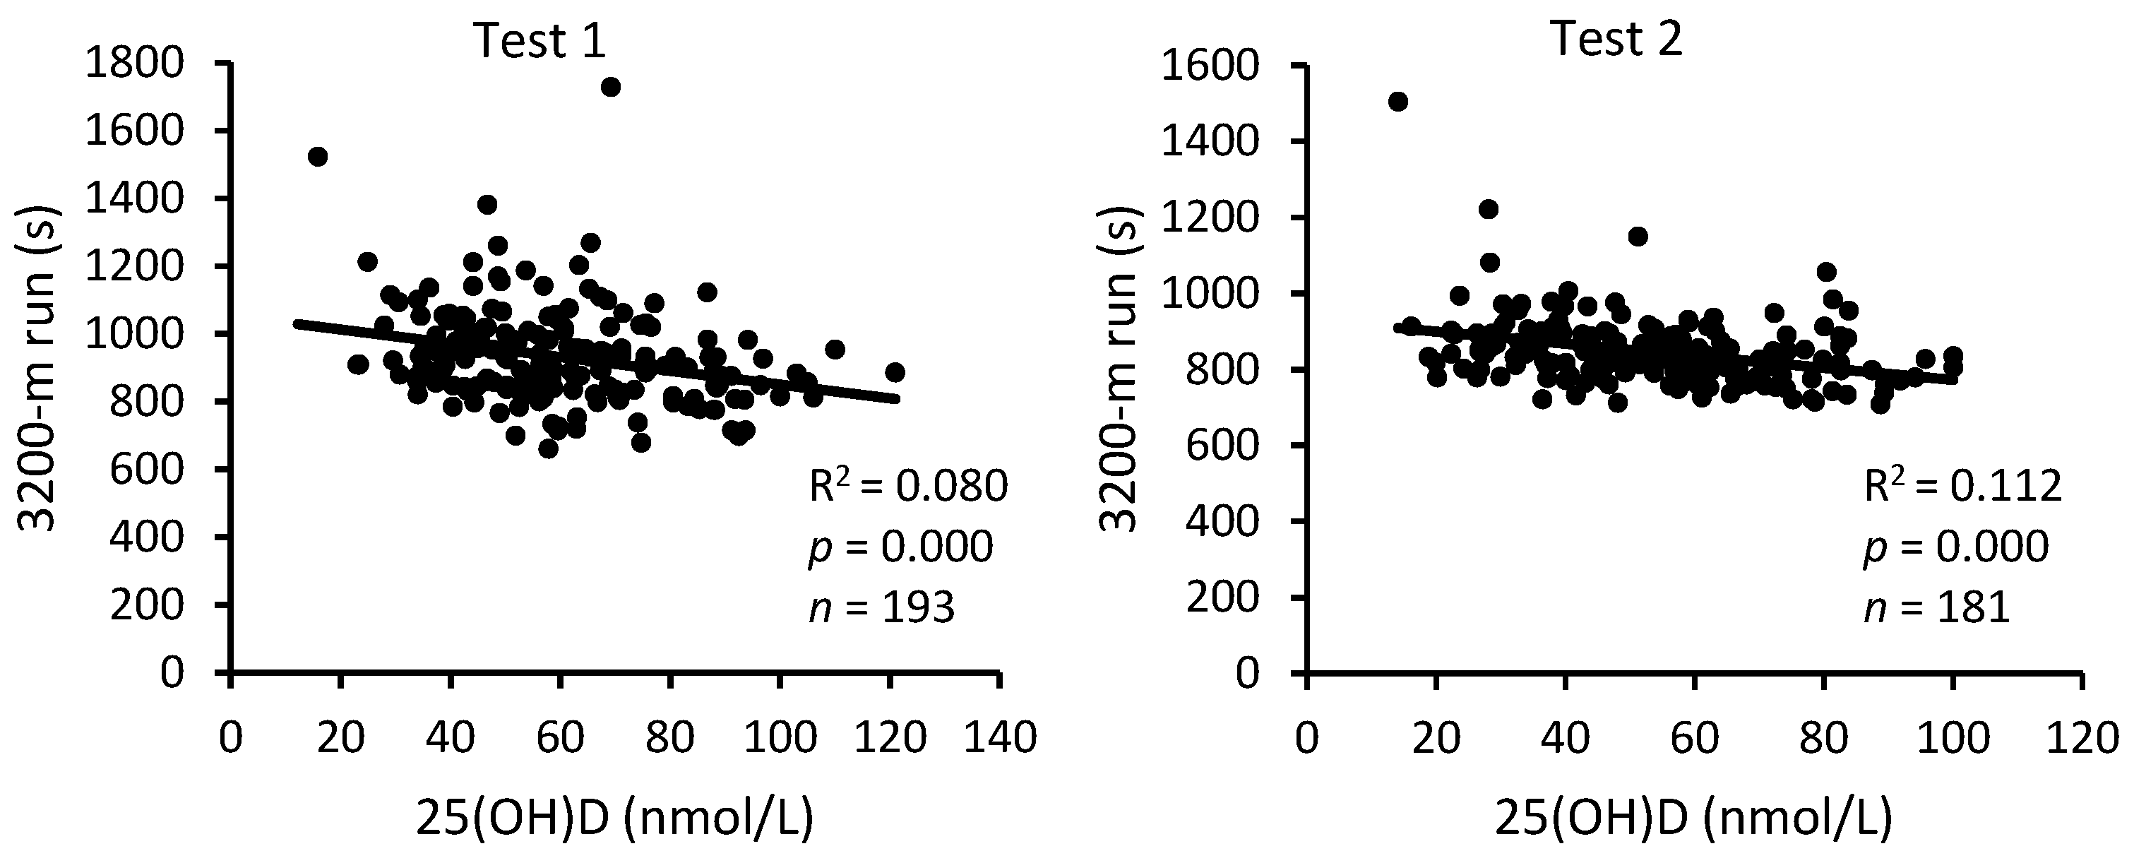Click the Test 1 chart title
point(540,39)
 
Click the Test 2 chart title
point(1616,39)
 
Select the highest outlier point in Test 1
point(611,87)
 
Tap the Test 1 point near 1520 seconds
point(317,157)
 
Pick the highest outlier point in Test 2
point(1398,102)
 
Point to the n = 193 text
point(881,608)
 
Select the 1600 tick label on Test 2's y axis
point(1210,66)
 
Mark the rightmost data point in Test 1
point(895,373)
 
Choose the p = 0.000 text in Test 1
point(900,547)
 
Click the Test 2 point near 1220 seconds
point(1489,209)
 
